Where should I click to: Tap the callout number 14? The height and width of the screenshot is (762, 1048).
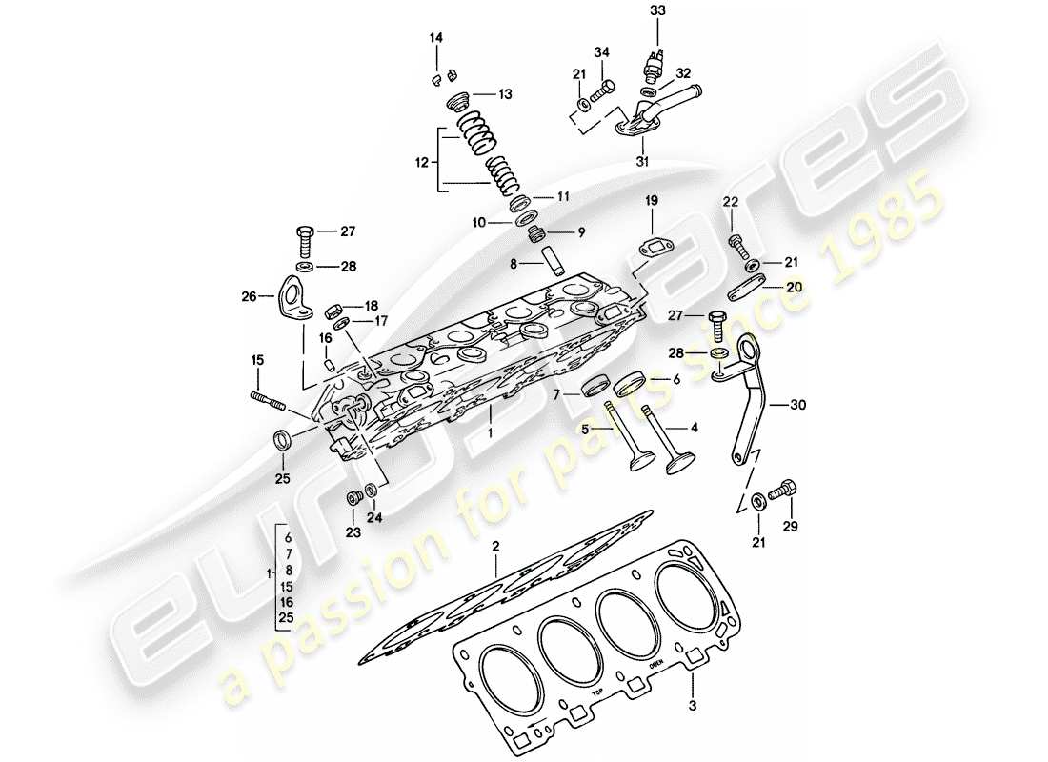click(435, 38)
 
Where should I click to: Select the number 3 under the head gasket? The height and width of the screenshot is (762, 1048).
click(693, 707)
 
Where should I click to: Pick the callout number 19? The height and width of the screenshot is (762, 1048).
click(652, 201)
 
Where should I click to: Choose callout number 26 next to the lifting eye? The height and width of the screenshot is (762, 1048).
click(249, 296)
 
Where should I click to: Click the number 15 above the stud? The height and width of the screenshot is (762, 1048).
click(256, 360)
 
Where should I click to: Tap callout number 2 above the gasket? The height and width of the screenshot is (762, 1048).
click(495, 547)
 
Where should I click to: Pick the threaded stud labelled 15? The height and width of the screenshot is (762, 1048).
click(270, 401)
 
